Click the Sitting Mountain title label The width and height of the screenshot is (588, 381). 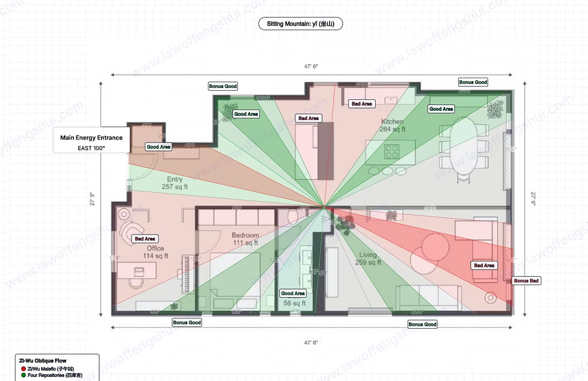(300, 24)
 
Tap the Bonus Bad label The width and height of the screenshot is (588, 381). (527, 280)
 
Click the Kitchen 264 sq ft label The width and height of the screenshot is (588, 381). (392, 126)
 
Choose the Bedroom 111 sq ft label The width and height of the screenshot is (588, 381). (245, 239)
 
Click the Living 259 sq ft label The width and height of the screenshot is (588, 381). (367, 259)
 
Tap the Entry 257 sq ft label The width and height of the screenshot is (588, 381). (175, 183)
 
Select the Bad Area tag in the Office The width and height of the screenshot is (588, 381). (144, 238)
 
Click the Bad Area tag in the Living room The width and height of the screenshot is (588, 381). (484, 265)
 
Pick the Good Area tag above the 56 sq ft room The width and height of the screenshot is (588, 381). (293, 293)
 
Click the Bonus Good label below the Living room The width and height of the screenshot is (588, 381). (422, 325)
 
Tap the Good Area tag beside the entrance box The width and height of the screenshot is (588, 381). (158, 147)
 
